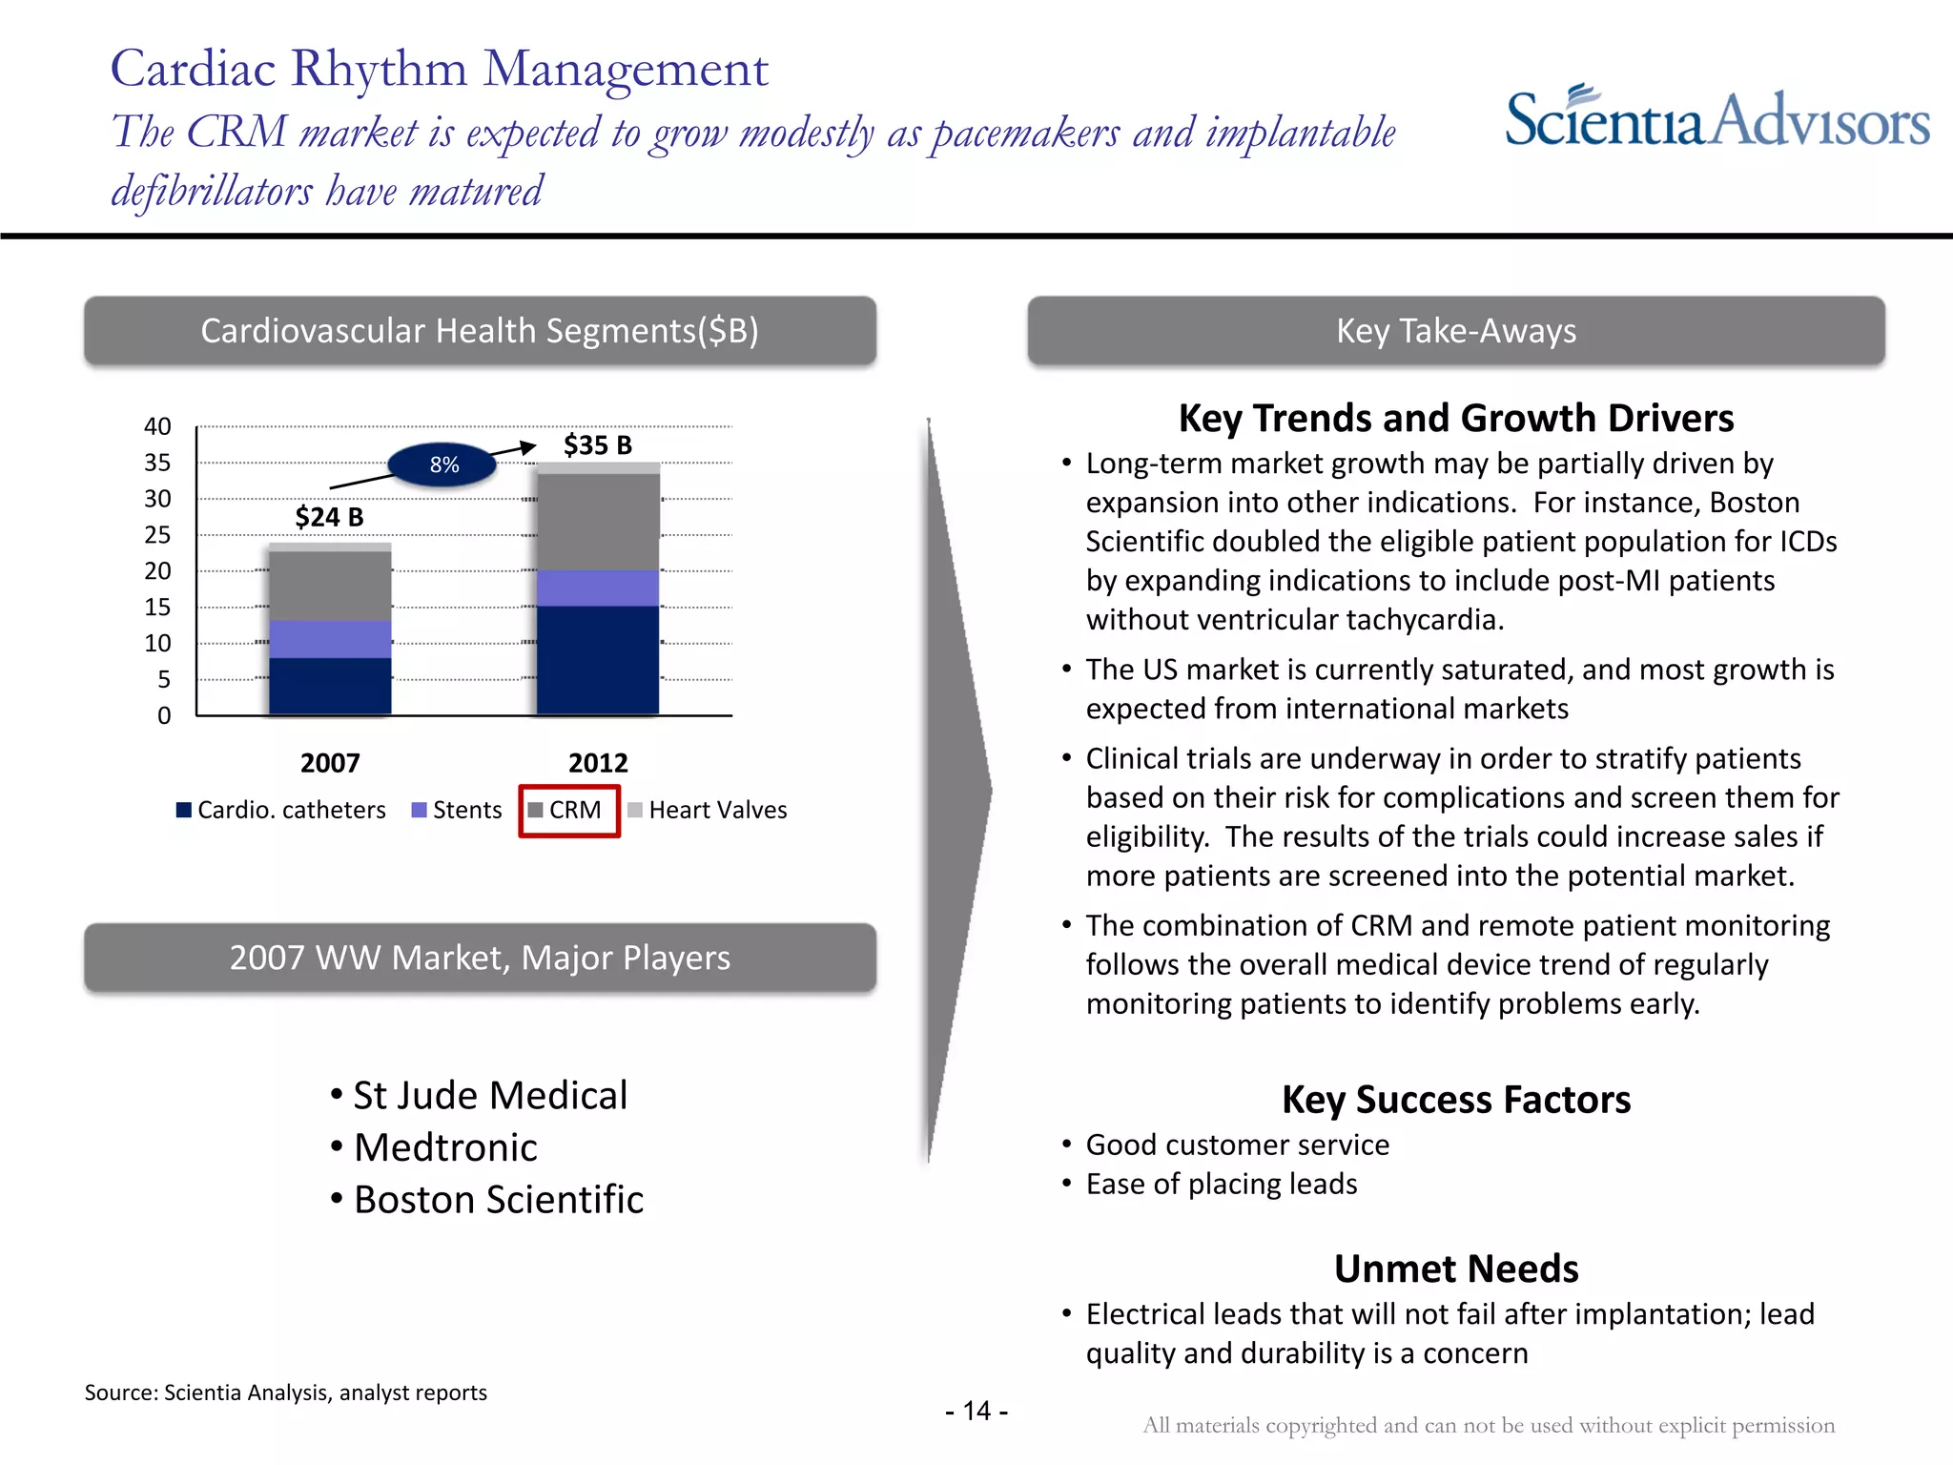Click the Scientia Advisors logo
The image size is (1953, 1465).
coord(1717,119)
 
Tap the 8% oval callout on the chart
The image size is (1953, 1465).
coord(443,464)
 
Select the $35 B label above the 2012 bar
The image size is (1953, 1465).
coord(598,445)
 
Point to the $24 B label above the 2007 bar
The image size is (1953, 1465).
coord(329,517)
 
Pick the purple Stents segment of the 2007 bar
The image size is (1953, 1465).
coord(330,639)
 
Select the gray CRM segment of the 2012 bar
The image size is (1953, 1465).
coord(598,522)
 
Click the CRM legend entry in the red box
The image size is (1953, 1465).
coord(569,810)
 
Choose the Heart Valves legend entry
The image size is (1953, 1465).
coord(708,810)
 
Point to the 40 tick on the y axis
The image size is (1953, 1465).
coord(157,426)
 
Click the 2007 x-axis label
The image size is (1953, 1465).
coord(330,763)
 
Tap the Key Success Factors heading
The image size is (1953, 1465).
coord(1455,1100)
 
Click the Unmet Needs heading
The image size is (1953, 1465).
coord(1455,1269)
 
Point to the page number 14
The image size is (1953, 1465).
coord(976,1411)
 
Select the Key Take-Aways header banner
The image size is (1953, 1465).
coord(1455,331)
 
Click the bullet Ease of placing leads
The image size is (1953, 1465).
coord(1221,1184)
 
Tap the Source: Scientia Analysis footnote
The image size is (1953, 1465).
coord(286,1393)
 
